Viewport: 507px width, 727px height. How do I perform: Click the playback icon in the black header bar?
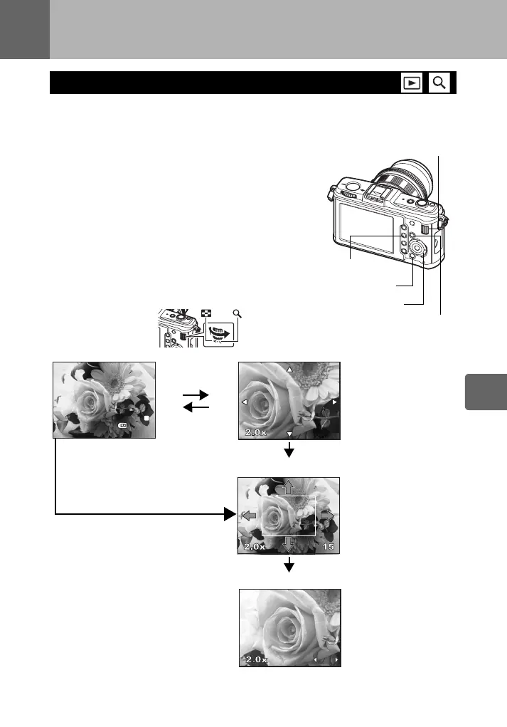[410, 83]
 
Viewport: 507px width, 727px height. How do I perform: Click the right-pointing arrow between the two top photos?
[196, 394]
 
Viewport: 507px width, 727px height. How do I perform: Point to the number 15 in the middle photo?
[328, 547]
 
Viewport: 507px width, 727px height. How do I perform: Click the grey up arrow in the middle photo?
[289, 487]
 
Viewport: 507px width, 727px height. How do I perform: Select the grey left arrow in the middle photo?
[249, 516]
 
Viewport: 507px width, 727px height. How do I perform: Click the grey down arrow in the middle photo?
[289, 545]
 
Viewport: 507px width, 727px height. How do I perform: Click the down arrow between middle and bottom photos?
[289, 566]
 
